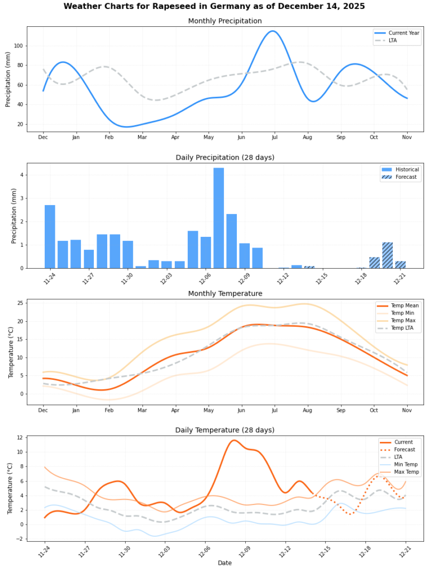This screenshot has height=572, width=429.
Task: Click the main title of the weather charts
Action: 214,6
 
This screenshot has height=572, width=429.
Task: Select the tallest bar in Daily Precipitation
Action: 218,218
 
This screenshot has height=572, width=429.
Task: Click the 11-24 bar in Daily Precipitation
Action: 50,236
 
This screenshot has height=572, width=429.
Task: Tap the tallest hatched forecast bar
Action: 388,255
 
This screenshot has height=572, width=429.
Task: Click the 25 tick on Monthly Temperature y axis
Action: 20,303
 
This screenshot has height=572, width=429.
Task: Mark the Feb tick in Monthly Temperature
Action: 109,410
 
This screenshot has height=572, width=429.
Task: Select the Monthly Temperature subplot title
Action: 225,293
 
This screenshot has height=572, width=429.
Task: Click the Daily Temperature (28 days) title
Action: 225,430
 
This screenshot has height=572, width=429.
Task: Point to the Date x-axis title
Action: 225,563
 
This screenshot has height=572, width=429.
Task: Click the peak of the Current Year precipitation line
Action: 273,31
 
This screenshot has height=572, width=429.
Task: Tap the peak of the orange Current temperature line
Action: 234,440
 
